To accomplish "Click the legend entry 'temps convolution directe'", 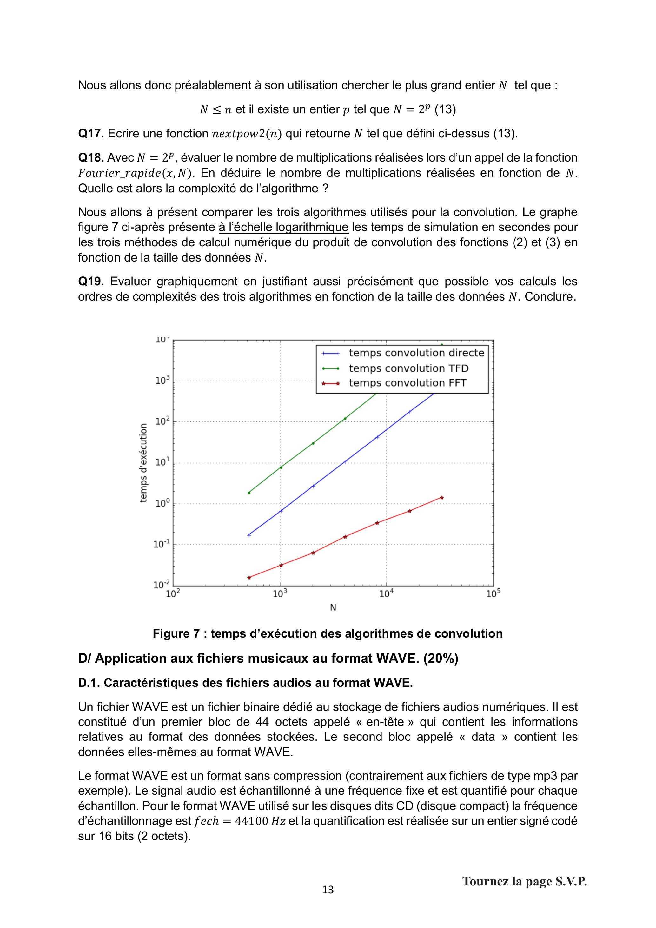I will pos(416,353).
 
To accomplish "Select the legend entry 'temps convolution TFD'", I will pos(408,368).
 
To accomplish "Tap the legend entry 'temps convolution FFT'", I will pos(408,383).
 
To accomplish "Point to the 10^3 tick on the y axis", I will pos(162,380).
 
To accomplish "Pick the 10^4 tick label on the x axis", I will pos(387,594).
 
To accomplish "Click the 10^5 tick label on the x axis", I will pos(493,594).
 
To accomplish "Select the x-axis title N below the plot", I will pos(333,607).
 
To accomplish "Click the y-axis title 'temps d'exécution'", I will pos(143,463).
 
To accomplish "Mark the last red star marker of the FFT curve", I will pos(442,498).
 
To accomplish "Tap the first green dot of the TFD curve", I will pos(249,493).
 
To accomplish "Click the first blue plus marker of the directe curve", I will pos(249,535).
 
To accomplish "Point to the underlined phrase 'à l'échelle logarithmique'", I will pos(283,227).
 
